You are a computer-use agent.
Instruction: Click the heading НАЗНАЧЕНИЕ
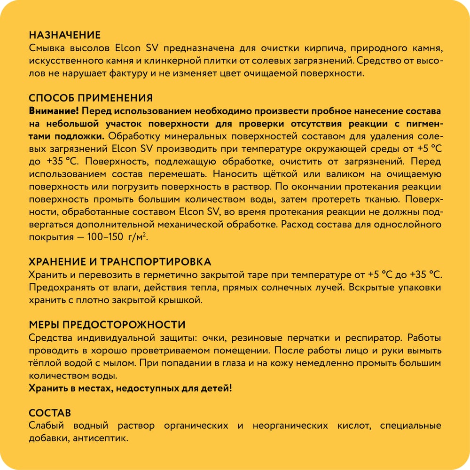pyautogui.click(x=64, y=35)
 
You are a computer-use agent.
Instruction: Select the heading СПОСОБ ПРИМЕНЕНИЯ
pyautogui.click(x=91, y=98)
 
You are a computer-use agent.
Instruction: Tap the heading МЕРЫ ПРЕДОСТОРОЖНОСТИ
pyautogui.click(x=107, y=325)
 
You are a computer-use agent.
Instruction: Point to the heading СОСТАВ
pyautogui.click(x=50, y=413)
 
